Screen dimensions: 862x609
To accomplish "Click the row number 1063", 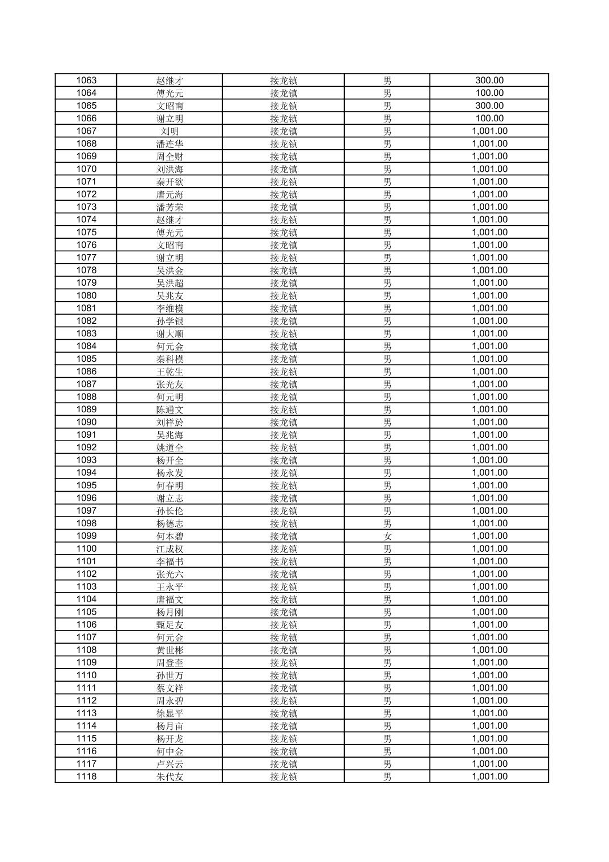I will [86, 81].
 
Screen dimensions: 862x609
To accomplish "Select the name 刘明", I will [170, 131].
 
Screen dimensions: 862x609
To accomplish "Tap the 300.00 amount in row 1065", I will [489, 105].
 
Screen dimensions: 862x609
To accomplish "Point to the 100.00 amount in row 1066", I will [489, 119].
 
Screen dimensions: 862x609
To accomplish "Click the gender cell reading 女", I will [387, 536].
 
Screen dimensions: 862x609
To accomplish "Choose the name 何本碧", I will [170, 536].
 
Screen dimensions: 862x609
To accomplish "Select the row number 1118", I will [86, 776].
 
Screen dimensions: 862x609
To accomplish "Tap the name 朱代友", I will [170, 776].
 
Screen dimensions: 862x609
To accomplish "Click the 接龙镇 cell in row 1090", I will [284, 422].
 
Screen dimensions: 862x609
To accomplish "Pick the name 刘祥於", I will [170, 422].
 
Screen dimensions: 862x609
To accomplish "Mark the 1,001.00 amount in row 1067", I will [489, 131].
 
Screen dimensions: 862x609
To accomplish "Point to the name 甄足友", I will [170, 624].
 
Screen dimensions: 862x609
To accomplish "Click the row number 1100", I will [86, 548].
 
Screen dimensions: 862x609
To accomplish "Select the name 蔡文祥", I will [170, 688].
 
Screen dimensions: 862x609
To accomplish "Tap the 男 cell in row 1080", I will [387, 295].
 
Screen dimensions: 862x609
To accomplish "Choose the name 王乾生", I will [170, 371].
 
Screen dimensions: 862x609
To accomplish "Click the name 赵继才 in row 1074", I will [170, 219].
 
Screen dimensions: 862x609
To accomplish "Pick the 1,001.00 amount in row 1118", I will [489, 776].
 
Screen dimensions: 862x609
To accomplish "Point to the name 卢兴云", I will [170, 764].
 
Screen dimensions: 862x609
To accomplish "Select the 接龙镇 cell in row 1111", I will [284, 688].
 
